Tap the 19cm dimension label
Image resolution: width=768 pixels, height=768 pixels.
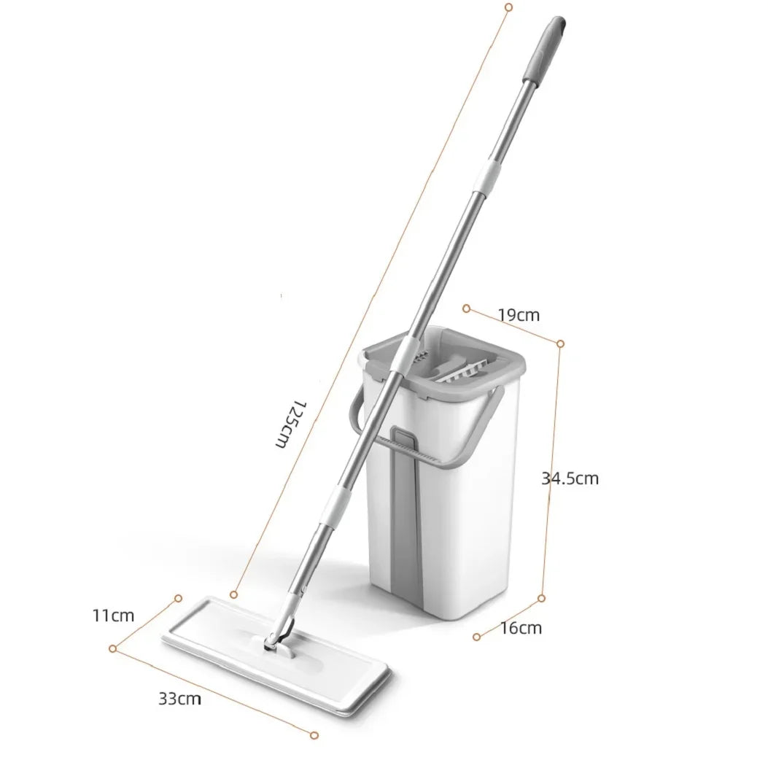(x=519, y=315)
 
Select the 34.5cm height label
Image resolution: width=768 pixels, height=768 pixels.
(x=570, y=478)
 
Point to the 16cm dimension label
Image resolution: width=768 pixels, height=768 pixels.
(x=521, y=627)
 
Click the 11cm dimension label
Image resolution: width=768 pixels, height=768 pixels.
(x=113, y=615)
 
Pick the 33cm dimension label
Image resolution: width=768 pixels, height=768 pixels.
(x=179, y=699)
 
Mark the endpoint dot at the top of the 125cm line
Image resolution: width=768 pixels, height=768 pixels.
(x=508, y=7)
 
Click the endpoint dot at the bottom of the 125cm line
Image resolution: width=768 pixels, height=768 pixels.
(x=233, y=594)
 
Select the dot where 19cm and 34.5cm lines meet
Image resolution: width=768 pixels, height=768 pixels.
(x=560, y=343)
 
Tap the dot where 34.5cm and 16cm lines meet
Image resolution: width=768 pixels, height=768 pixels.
(x=541, y=598)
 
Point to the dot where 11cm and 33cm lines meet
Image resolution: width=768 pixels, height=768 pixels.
(x=113, y=648)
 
